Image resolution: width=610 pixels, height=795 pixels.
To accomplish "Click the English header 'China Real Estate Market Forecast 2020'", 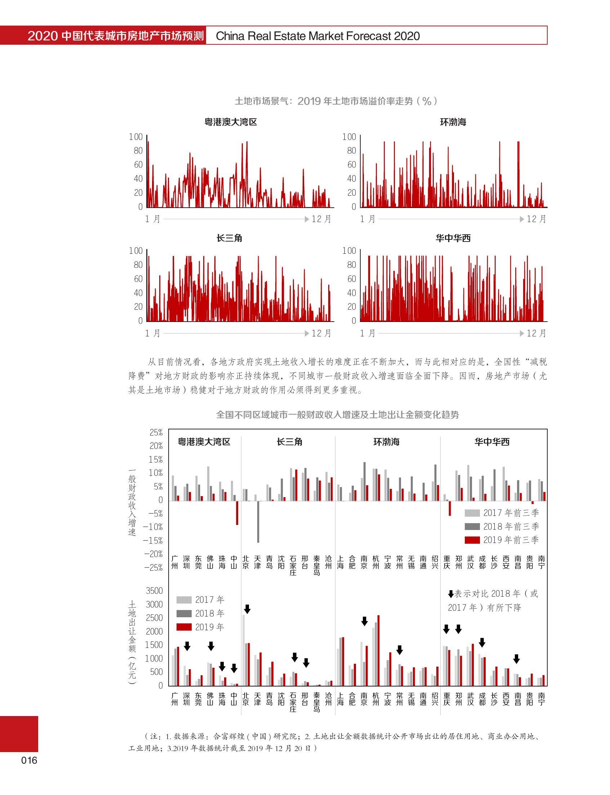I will pyautogui.click(x=318, y=36).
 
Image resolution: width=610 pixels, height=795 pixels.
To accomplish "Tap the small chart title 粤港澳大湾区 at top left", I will pyautogui.click(x=231, y=122).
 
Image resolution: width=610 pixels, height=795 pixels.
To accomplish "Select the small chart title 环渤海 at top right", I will pyautogui.click(x=453, y=122).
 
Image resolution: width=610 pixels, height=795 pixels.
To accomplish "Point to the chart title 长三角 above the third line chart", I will pyautogui.click(x=229, y=238).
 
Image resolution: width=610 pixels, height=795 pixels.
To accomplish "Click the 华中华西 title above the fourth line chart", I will pyautogui.click(x=453, y=238).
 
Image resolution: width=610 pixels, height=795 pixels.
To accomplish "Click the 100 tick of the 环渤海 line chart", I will pyautogui.click(x=349, y=137).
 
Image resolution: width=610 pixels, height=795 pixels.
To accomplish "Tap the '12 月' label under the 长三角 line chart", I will pyautogui.click(x=321, y=333).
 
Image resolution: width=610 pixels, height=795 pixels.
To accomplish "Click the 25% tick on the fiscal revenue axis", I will pyautogui.click(x=156, y=432).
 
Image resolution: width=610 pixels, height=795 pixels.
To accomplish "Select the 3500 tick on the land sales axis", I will pyautogui.click(x=154, y=591).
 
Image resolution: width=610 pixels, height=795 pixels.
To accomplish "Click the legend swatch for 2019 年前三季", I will pyautogui.click(x=472, y=540).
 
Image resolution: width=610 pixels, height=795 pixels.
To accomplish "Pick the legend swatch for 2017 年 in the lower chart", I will pyautogui.click(x=184, y=600).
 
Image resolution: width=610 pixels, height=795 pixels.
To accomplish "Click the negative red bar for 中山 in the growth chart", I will pyautogui.click(x=237, y=513).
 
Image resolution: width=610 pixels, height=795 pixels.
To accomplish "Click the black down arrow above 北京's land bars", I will pyautogui.click(x=247, y=609).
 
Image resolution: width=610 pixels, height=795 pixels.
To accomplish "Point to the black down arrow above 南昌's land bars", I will pyautogui.click(x=517, y=659).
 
